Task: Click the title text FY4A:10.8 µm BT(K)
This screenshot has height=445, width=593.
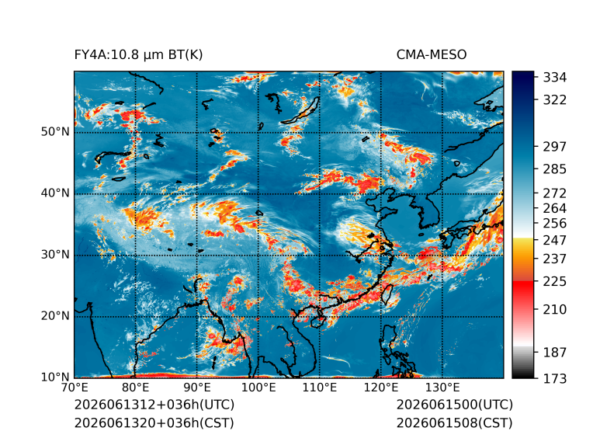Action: coord(138,55)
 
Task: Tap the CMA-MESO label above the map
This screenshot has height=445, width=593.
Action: coord(432,55)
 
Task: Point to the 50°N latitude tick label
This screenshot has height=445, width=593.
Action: coord(55,132)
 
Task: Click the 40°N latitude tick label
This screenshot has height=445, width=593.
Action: coord(55,193)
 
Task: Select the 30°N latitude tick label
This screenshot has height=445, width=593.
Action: coord(55,254)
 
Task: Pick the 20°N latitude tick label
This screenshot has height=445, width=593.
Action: coord(55,315)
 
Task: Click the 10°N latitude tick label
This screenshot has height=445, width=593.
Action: coord(55,377)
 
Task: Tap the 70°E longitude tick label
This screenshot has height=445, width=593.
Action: coord(75,388)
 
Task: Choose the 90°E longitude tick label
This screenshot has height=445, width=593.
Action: coord(196,388)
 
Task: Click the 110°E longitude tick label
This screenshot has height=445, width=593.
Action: coord(320,388)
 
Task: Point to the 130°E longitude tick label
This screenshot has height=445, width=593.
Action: coord(442,388)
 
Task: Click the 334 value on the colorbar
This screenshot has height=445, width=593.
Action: coord(555,78)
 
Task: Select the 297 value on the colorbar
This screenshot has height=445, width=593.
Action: coord(555,147)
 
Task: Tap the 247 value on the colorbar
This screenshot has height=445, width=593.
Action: coord(555,240)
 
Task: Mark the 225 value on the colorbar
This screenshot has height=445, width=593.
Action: coord(555,282)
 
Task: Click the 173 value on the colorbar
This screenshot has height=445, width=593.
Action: coord(555,378)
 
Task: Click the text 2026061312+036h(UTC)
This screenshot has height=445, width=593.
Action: coord(154,405)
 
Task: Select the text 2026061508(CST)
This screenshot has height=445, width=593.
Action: coord(455,423)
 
